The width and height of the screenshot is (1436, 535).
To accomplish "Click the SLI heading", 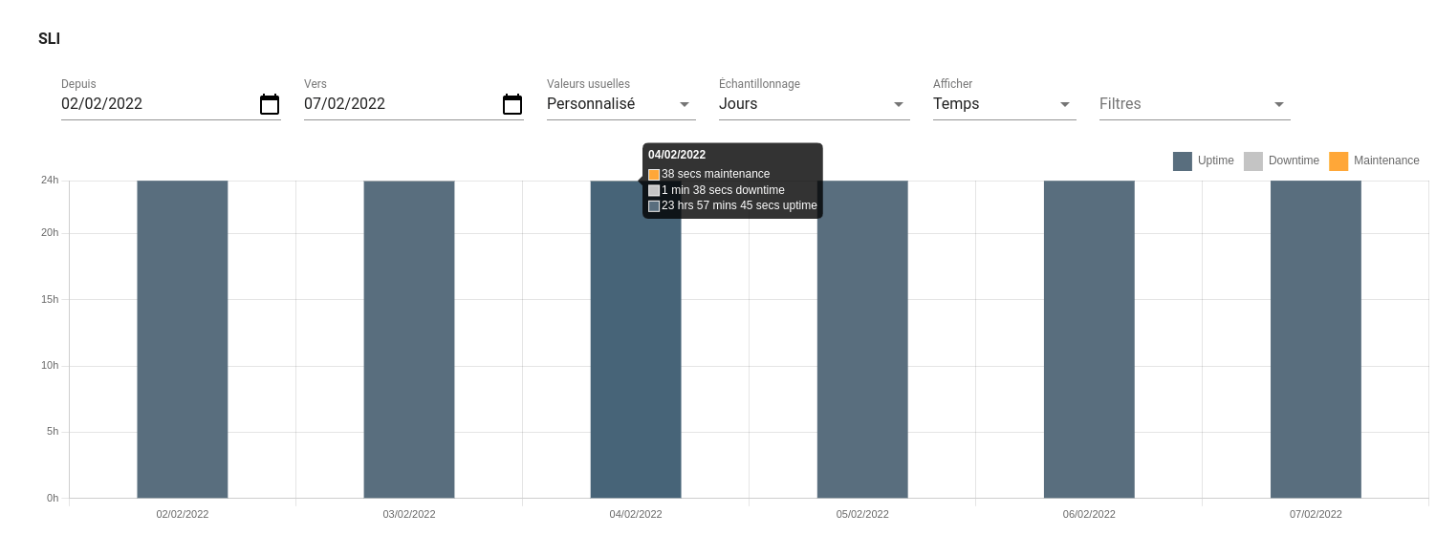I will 49,39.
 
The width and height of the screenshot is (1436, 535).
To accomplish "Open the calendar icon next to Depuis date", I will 270,104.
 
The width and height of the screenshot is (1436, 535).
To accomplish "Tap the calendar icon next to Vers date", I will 512,104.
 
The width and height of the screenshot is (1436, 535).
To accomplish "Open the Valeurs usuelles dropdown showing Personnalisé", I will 620,104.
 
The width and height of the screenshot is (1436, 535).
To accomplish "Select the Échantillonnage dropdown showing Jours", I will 813,104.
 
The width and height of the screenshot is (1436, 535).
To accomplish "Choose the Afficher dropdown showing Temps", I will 1003,104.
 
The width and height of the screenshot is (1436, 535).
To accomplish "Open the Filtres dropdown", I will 1193,104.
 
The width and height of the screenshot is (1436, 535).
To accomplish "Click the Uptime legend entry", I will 1204,160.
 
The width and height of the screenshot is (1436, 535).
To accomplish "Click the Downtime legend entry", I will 1282,160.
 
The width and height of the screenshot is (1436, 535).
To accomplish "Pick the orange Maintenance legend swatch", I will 1338,161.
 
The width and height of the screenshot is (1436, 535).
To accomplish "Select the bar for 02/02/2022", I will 183,339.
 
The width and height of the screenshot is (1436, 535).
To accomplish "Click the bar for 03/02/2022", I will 409,339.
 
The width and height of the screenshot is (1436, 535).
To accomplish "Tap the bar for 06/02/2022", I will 1089,339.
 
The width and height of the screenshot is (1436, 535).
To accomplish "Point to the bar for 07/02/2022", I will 1316,339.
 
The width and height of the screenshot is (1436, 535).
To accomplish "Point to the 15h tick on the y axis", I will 50,299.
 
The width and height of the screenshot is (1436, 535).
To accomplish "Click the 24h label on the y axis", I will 50,180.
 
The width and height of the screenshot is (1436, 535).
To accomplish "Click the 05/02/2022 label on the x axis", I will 862,514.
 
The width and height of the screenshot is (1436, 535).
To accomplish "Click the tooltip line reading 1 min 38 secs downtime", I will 722,190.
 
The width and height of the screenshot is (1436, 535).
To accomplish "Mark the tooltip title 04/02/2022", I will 677,155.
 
